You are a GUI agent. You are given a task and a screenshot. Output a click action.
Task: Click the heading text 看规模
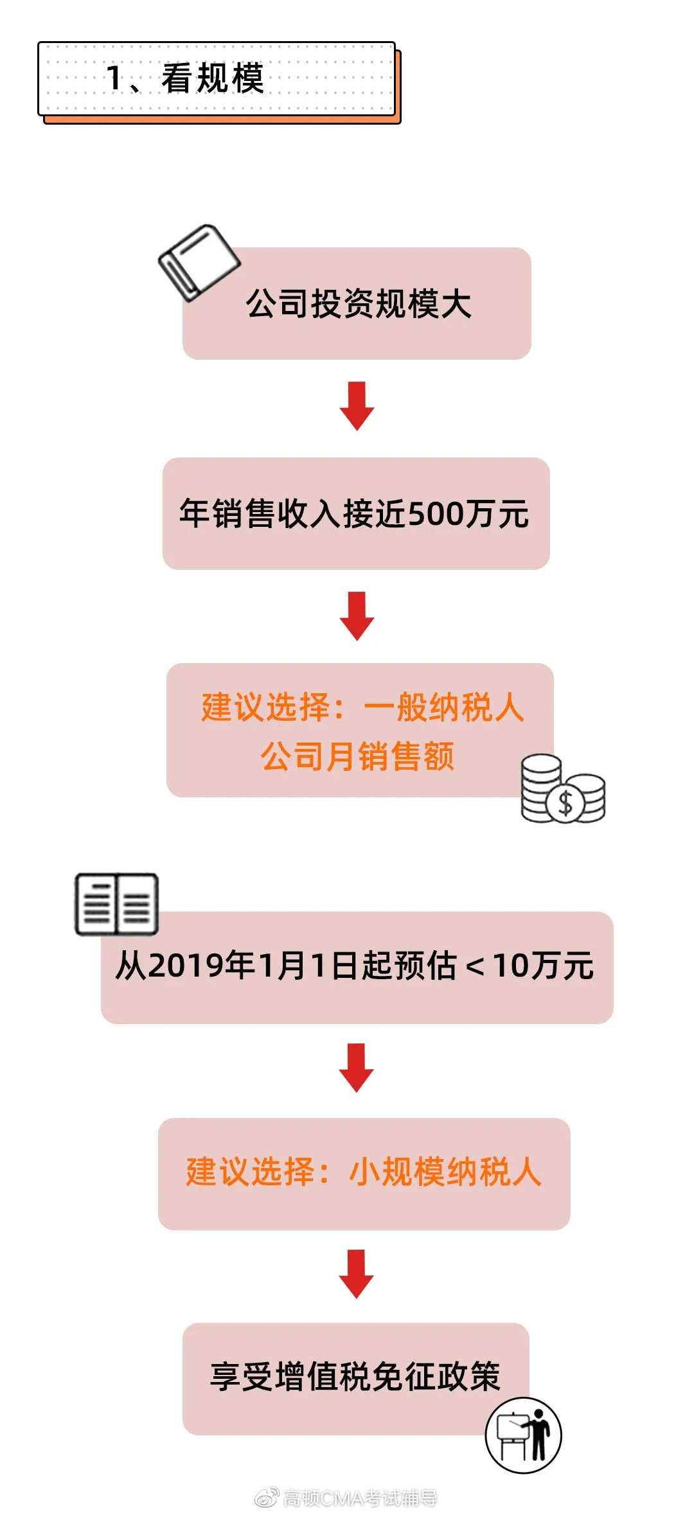pos(213,78)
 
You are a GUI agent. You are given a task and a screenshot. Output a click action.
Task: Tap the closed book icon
pos(199,261)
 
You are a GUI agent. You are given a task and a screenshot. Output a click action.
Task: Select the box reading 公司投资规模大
pos(357,304)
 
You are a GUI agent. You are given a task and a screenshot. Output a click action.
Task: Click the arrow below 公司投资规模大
pos(357,405)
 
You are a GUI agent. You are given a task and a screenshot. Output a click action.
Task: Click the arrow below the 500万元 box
pos(357,616)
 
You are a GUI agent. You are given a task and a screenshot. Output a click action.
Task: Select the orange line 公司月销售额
pos(357,756)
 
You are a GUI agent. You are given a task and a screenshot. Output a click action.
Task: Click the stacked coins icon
pos(562,789)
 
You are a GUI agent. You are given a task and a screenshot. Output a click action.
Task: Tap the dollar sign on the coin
pos(565,803)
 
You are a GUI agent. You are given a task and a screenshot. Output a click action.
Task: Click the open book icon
pos(116,904)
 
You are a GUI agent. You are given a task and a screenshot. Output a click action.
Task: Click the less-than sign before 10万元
pos(475,966)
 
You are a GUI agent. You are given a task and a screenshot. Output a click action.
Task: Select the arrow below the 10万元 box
pos(357,1067)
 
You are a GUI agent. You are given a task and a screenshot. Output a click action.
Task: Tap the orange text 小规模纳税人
pos(445,1171)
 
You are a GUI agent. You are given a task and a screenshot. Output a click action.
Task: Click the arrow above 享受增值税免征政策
pos(357,1273)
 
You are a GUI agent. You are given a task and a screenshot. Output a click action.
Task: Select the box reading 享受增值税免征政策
pos(355,1377)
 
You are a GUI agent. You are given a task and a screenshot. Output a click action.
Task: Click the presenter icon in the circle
pos(523,1435)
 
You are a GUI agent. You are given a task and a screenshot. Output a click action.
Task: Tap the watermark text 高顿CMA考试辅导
pos(360,1498)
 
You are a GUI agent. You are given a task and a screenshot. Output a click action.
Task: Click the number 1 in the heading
pos(114,78)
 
